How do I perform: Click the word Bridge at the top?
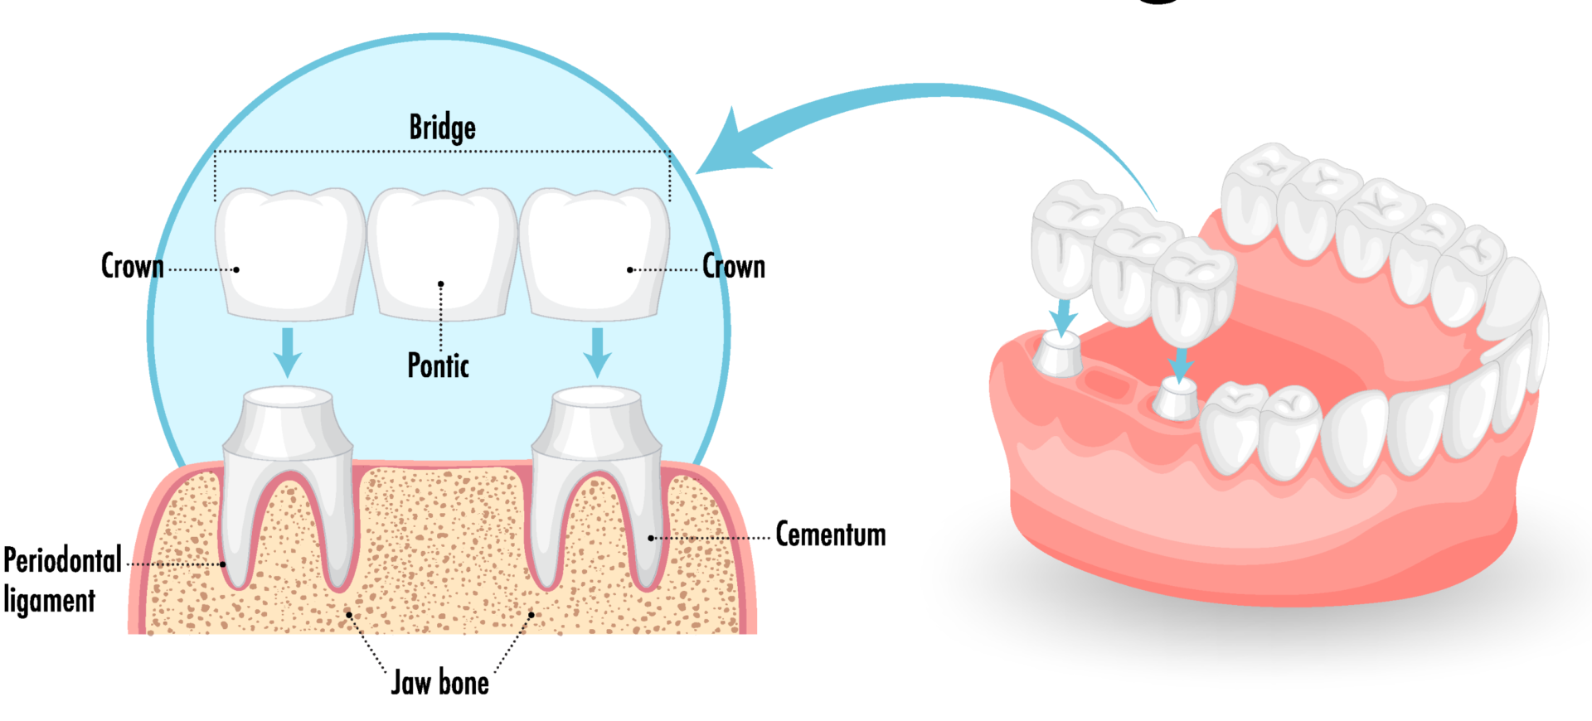pos(442,128)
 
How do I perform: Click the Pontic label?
pos(438,365)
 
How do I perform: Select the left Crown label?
pos(132,267)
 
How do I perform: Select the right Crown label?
pos(734,267)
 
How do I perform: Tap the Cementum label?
pos(830,535)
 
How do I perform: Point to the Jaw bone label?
pos(439,683)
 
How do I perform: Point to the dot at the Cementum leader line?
pos(651,538)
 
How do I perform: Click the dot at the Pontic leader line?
pos(441,284)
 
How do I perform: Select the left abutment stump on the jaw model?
pos(1057,354)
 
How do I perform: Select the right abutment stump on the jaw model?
pos(1177,399)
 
